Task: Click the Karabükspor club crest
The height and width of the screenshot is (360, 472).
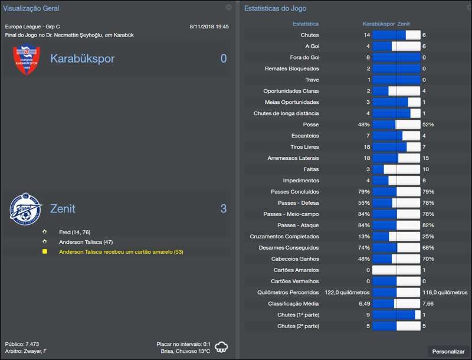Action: pos(27,59)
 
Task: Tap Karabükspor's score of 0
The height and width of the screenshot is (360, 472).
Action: pos(223,58)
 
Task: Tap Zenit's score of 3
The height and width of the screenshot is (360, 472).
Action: pos(223,209)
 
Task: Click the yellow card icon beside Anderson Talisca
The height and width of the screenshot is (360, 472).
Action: pos(45,252)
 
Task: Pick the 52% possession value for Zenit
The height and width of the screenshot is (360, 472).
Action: pos(428,125)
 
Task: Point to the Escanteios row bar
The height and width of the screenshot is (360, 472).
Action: pos(396,136)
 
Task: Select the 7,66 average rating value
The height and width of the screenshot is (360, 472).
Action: pos(428,303)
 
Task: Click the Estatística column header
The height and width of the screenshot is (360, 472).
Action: pos(306,24)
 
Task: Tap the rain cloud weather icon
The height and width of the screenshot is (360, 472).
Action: pos(222,346)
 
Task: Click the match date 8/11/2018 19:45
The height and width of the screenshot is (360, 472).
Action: pos(209,27)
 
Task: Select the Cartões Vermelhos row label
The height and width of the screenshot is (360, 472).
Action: pos(294,281)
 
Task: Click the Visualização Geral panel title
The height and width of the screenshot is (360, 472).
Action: pos(31,8)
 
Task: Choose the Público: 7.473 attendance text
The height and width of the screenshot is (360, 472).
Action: pos(23,343)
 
